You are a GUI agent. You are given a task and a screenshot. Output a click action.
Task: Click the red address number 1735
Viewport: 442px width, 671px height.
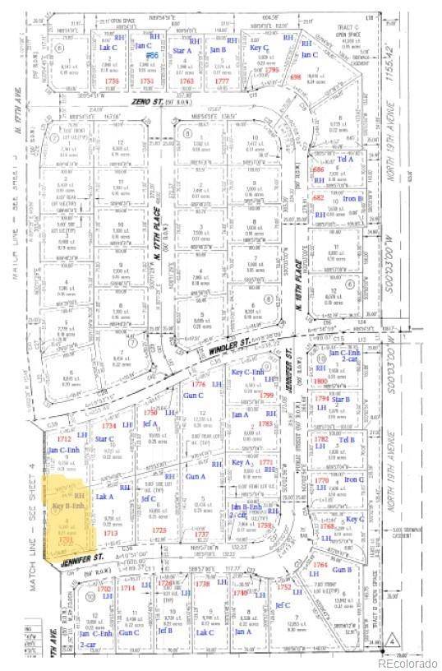tap(113, 81)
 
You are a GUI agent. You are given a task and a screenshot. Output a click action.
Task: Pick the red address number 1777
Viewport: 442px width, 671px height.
tap(220, 81)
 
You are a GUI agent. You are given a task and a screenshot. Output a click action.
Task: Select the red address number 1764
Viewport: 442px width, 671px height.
tap(320, 565)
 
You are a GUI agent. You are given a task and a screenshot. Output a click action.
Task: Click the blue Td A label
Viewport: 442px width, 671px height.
tap(347, 159)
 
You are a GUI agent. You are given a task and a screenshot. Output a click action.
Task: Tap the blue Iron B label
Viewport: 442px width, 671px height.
tap(354, 199)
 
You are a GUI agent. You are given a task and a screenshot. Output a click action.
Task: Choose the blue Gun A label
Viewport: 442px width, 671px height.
tap(196, 477)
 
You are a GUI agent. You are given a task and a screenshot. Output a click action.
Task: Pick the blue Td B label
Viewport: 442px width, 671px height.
tap(348, 440)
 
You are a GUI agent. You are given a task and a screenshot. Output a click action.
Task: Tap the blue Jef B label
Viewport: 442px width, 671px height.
tap(164, 631)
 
